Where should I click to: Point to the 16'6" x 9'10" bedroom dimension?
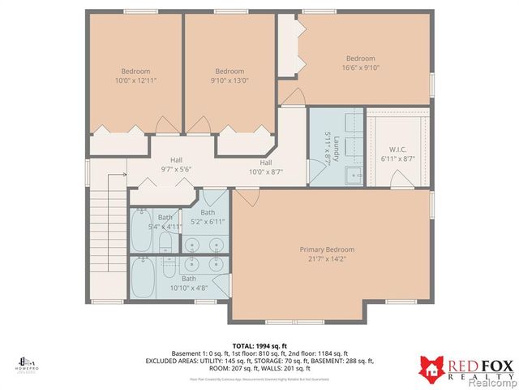click(x=361, y=68)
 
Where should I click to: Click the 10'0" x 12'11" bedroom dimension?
click(x=136, y=80)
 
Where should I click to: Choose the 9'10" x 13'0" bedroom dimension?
click(x=229, y=80)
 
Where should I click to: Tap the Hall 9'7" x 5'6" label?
click(x=176, y=165)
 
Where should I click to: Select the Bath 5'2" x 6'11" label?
click(x=208, y=217)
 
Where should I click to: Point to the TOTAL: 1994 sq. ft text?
click(x=259, y=345)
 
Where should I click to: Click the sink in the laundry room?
click(x=355, y=175)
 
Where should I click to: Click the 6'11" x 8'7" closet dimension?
click(x=397, y=158)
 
